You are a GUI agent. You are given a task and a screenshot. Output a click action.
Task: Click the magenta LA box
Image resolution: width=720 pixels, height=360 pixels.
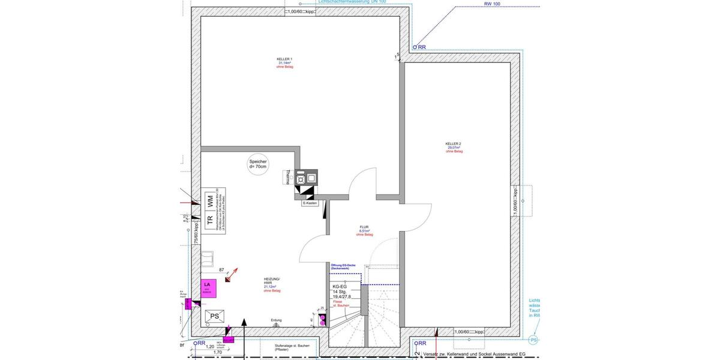pos(207,286)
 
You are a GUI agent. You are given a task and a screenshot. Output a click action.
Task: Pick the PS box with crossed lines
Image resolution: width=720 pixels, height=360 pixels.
pos(214,316)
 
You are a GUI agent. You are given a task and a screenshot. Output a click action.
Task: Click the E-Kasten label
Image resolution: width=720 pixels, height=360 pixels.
pos(310,203)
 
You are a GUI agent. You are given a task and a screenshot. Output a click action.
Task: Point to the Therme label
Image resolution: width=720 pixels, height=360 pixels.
pos(287,177)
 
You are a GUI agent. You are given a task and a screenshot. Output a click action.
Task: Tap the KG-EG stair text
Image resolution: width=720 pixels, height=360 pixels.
pos(340,287)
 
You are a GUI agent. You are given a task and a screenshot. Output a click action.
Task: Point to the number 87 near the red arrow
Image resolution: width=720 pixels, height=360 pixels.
pos(222,270)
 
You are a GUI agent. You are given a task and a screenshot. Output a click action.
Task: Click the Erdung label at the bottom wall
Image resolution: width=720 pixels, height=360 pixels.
pos(276,320)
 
